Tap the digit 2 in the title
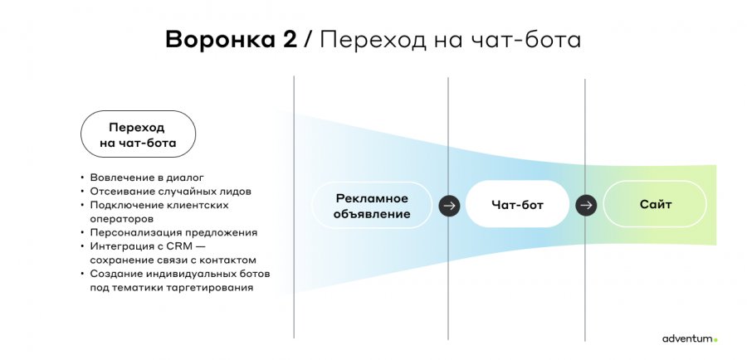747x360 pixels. click(x=288, y=40)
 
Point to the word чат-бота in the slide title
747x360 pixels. click(x=526, y=40)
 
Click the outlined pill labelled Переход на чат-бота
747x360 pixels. click(x=138, y=134)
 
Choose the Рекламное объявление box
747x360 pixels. click(x=372, y=206)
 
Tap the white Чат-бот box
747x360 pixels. click(x=517, y=204)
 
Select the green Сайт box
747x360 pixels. click(x=655, y=204)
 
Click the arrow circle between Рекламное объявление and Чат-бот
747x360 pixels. click(x=449, y=206)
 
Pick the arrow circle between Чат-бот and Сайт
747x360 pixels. click(x=587, y=205)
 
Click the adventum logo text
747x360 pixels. click(x=687, y=338)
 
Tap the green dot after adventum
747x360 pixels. click(x=715, y=340)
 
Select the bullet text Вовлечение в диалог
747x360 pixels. click(x=147, y=178)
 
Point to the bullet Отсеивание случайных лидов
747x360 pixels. click(x=170, y=192)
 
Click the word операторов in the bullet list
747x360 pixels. click(x=121, y=220)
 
